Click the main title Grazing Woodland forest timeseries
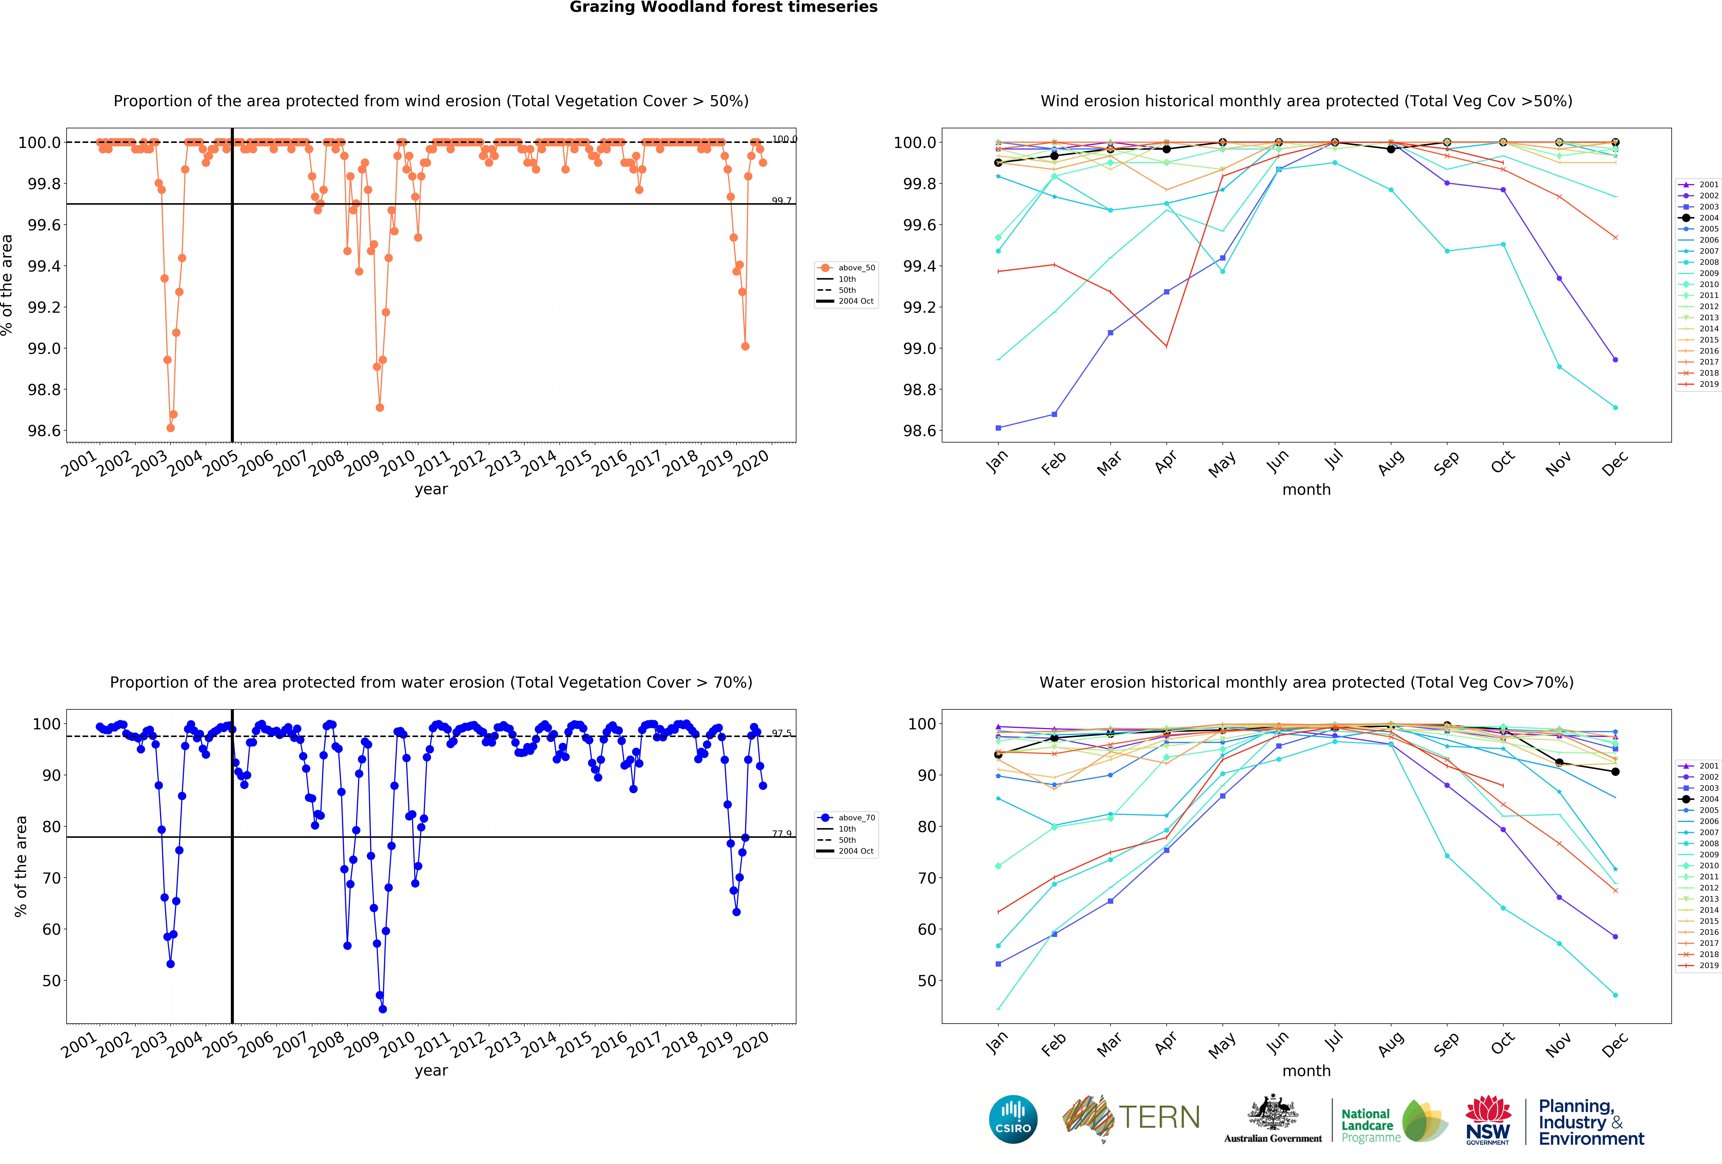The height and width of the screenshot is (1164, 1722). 723,7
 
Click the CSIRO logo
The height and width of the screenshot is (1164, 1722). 1013,1119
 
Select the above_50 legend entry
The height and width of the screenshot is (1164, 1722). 856,268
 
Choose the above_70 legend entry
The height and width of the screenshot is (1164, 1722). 856,818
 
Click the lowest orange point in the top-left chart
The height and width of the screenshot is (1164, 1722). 171,428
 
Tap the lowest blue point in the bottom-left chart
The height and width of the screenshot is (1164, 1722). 382,1009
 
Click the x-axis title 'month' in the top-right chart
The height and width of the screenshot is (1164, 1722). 1306,489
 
